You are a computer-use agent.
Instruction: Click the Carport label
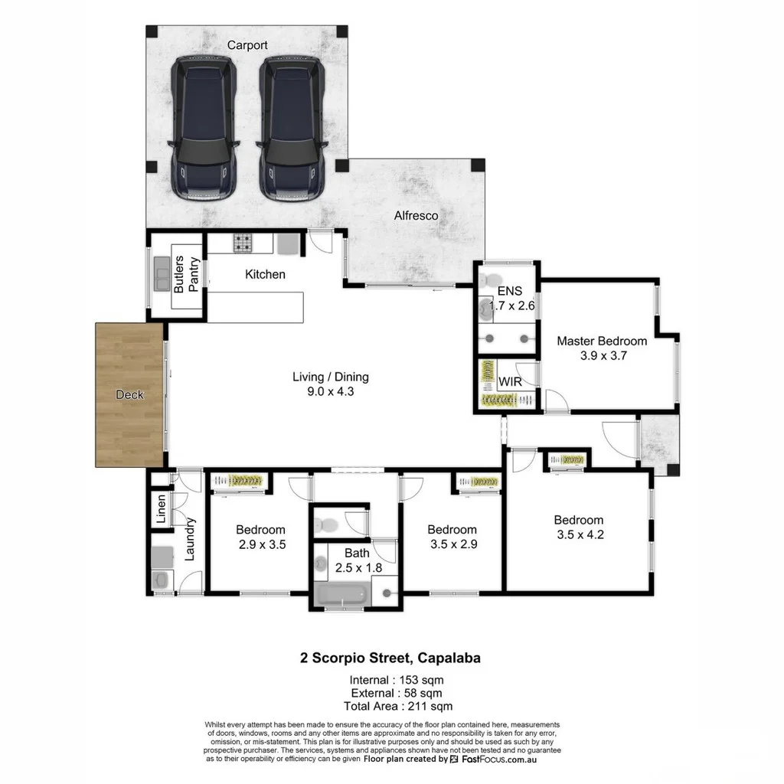tap(247, 45)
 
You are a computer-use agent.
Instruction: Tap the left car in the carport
tap(204, 129)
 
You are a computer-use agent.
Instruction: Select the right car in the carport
tap(292, 129)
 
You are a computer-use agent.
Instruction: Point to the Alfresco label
tap(416, 215)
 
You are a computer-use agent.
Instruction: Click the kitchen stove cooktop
tap(243, 243)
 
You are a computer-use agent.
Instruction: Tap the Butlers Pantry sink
tap(162, 275)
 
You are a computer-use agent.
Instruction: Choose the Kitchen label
tap(265, 274)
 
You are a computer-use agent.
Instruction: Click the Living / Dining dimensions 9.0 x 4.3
tap(331, 391)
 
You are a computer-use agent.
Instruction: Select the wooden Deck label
tap(129, 394)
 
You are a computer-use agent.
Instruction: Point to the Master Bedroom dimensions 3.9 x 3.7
tap(603, 355)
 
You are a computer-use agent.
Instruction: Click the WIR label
tap(510, 381)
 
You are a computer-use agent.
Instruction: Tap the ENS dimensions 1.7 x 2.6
tap(511, 305)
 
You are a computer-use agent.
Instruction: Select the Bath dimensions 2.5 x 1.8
tap(358, 567)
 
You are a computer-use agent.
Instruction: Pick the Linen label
tap(161, 509)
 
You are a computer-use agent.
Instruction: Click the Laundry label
tap(190, 539)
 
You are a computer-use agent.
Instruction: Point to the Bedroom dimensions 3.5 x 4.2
tap(580, 534)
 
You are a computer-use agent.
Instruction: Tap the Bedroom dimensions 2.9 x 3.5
tap(262, 544)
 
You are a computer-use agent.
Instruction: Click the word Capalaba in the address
tap(449, 658)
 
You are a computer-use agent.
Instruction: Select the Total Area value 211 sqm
tap(430, 706)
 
